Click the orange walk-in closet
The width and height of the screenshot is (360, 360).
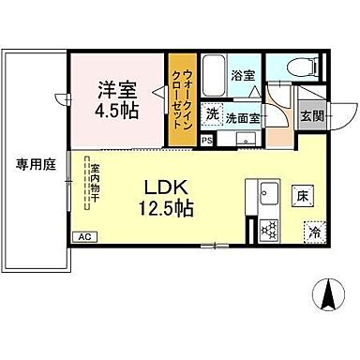coord(182,97)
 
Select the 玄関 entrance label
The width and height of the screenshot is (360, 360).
coord(311,117)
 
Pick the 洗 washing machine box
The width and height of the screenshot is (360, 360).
coord(213,114)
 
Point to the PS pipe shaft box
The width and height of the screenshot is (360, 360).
coord(207,140)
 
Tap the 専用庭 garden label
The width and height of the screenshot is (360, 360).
coord(35,163)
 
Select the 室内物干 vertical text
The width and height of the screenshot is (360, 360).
coord(95,185)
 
